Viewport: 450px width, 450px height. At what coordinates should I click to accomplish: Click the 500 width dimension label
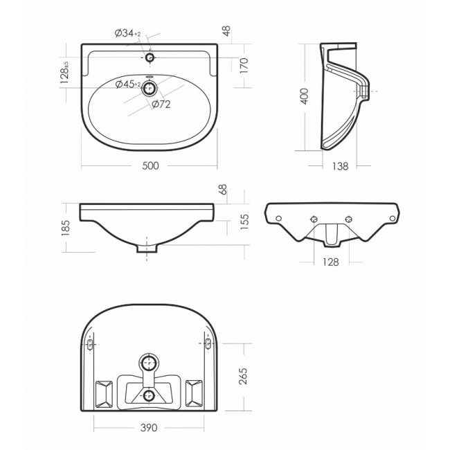(150, 165)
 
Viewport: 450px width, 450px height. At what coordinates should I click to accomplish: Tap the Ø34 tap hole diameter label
(128, 34)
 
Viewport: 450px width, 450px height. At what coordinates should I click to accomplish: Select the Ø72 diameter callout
(161, 105)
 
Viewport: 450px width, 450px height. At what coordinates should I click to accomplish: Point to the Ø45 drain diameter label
(128, 84)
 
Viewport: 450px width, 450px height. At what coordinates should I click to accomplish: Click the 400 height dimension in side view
(303, 96)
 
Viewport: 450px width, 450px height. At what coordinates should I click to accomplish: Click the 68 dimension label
(223, 190)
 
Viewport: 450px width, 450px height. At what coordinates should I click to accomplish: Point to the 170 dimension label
(244, 66)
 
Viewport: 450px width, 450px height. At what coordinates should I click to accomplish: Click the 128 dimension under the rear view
(331, 262)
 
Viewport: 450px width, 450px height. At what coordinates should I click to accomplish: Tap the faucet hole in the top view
(150, 56)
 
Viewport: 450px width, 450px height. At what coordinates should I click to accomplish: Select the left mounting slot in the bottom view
(91, 345)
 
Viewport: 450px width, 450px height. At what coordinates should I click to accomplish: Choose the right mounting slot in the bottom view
(208, 345)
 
